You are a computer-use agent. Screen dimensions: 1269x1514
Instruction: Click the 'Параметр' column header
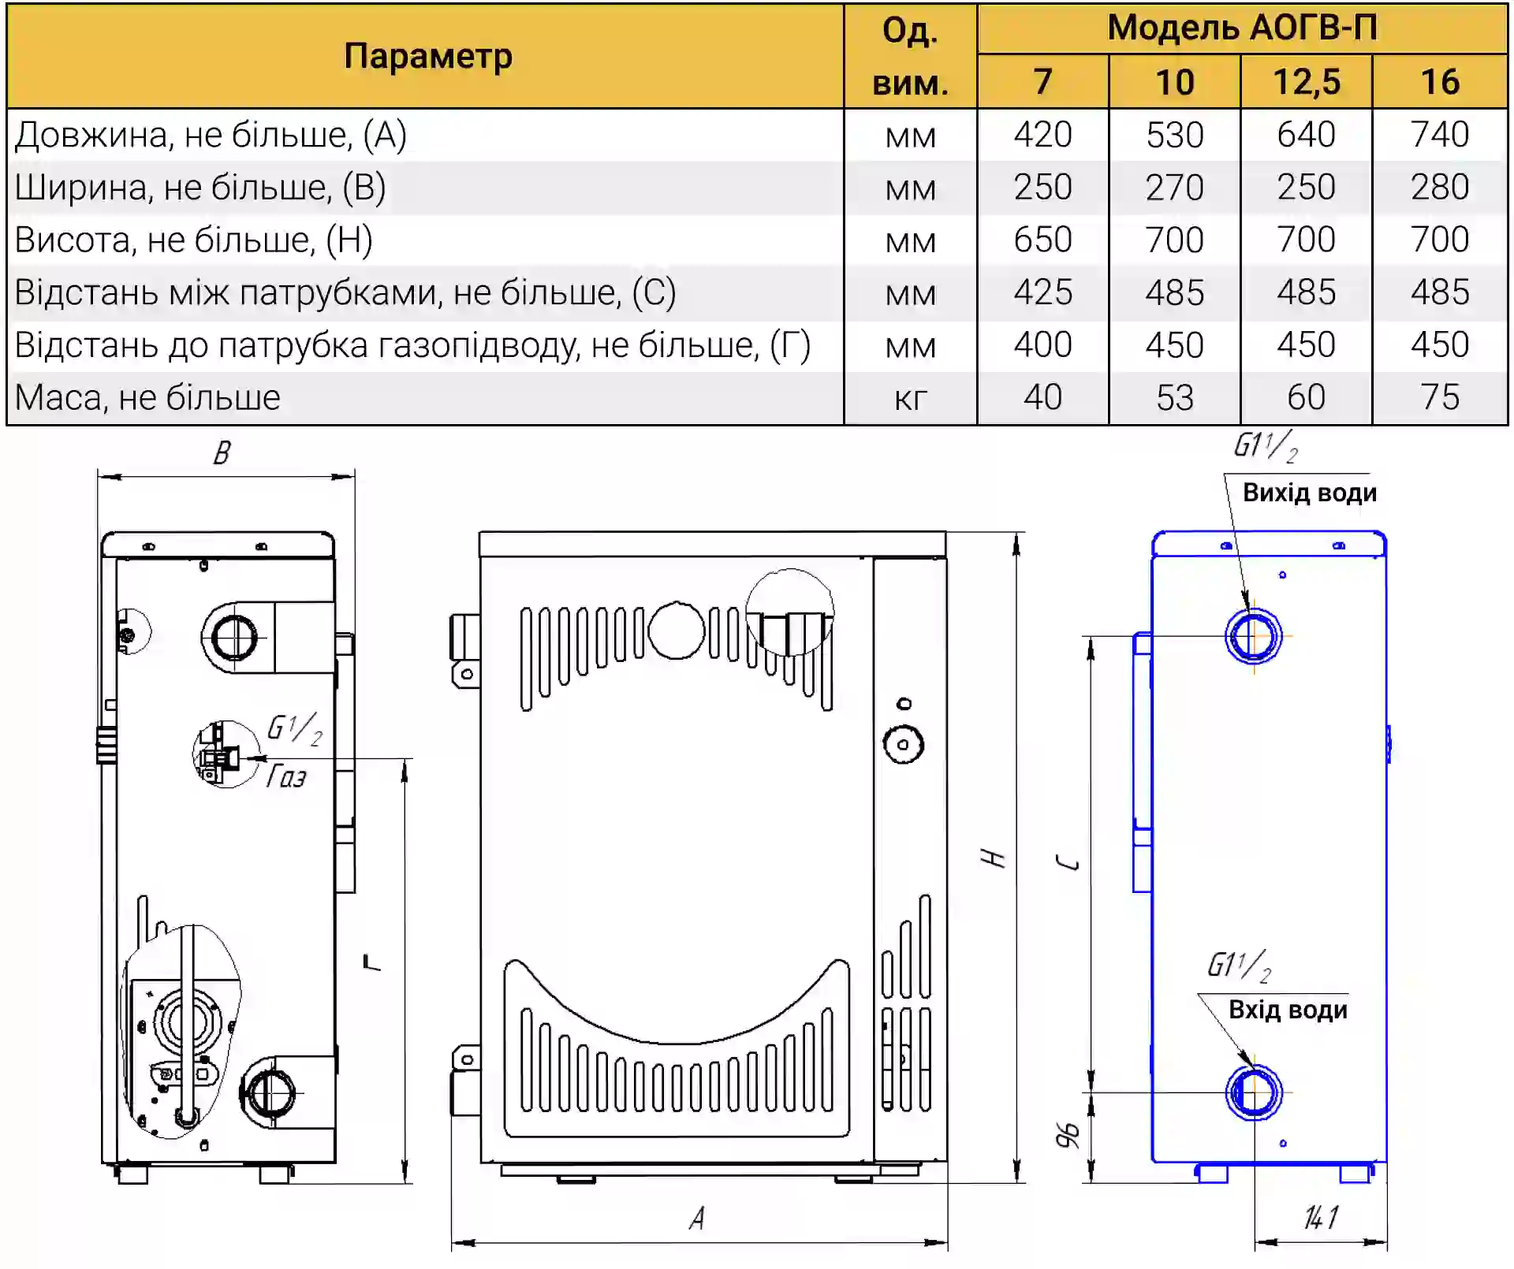[x=427, y=57]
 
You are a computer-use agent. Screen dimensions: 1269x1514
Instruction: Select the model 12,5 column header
[x=1306, y=82]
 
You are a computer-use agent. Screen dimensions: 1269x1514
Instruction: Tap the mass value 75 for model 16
[x=1439, y=397]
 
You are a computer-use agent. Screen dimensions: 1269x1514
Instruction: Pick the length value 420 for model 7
[x=1042, y=135]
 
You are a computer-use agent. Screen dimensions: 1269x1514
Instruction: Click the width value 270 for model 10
[x=1174, y=188]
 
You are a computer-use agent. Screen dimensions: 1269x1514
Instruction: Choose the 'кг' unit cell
[x=910, y=399]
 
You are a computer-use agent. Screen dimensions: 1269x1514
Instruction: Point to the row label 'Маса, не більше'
[x=147, y=397]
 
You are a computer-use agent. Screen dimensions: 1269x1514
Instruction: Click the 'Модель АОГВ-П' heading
[x=1242, y=28]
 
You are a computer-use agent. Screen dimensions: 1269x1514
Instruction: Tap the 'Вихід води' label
[x=1309, y=493]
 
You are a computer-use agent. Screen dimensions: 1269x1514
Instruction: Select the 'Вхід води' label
[x=1288, y=1010]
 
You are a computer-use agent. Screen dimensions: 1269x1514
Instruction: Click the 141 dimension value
[x=1321, y=1218]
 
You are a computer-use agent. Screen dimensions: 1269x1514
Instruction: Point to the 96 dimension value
[x=1068, y=1135]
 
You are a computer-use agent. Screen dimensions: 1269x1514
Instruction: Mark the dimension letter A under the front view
[x=697, y=1219]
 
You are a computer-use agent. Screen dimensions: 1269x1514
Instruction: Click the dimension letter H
[x=994, y=858]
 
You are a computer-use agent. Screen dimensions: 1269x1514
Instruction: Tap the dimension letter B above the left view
[x=222, y=452]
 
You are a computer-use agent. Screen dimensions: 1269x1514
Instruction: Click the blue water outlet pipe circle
[x=1254, y=635]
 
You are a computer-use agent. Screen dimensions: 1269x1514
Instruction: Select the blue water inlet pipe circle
[x=1254, y=1092]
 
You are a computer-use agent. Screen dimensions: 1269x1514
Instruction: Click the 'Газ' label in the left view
[x=286, y=776]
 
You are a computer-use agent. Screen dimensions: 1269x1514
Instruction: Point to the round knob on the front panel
[x=904, y=744]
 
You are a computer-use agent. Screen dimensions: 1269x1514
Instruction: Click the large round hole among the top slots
[x=676, y=631]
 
